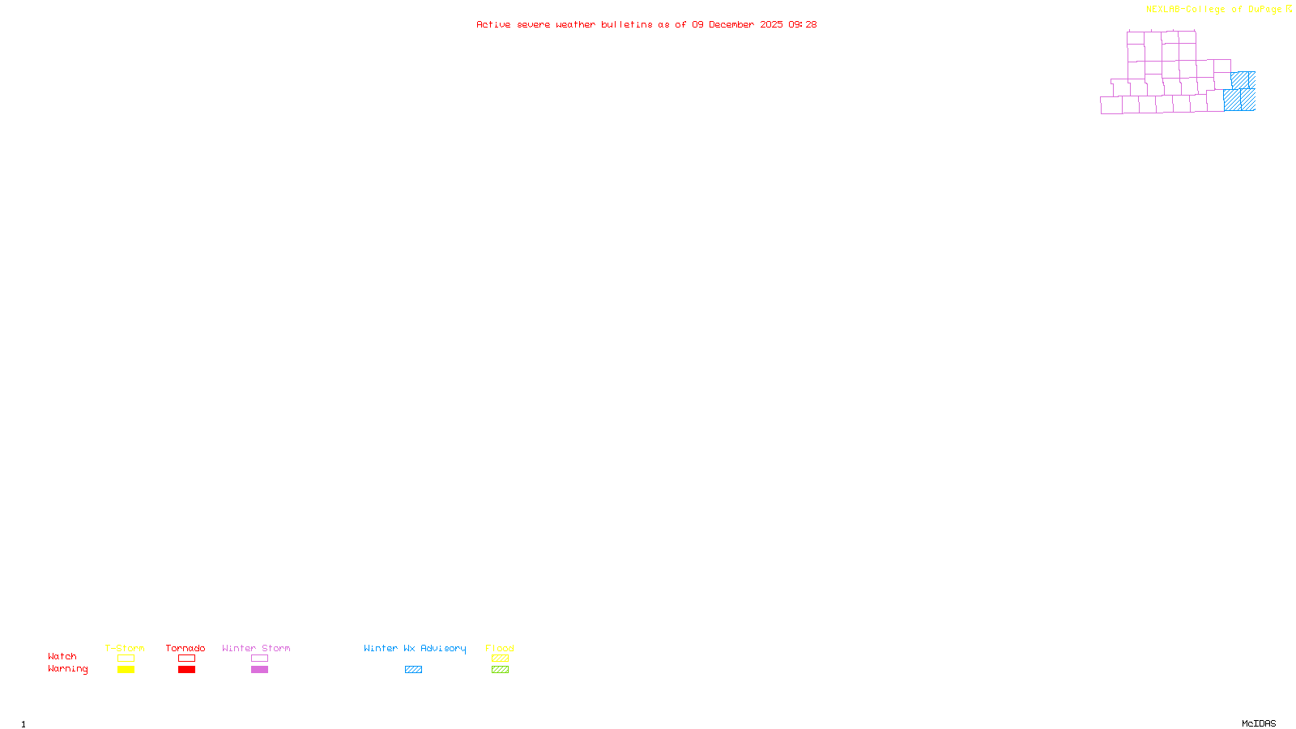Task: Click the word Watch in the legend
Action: (62, 656)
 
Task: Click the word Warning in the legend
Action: (67, 669)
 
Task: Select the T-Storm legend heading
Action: (125, 648)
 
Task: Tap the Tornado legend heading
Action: (185, 648)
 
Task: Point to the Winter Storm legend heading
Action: (256, 648)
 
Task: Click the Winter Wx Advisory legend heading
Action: (415, 648)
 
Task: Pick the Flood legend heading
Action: (500, 648)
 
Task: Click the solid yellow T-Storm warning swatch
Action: (126, 670)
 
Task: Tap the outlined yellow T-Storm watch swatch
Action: (126, 659)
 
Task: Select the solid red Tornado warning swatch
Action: (187, 670)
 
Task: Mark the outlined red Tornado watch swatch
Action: (187, 659)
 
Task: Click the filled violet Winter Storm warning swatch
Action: (259, 670)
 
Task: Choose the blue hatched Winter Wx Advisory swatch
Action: (413, 670)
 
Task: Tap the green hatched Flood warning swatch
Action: (500, 670)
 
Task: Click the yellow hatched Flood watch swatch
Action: (500, 659)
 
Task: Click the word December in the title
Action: (731, 24)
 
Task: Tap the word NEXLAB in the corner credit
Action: (1163, 10)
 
